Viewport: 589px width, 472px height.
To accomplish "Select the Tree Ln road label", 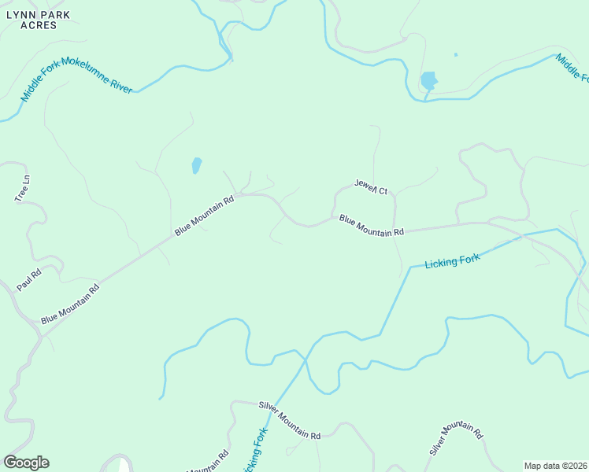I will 22,188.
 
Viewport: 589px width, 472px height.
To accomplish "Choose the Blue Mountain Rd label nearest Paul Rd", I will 71,304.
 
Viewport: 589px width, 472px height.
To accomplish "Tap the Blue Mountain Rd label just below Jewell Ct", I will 371,226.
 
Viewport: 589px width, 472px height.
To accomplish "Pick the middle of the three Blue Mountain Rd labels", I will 205,215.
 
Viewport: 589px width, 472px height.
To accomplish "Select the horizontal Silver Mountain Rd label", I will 290,419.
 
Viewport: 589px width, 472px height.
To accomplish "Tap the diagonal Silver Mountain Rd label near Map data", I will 455,438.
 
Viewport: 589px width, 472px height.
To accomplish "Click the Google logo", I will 26,463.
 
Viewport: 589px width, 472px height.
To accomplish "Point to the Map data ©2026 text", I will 556,466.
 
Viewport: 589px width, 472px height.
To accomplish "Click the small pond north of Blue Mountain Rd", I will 196,165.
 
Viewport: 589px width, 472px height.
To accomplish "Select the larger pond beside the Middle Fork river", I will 428,80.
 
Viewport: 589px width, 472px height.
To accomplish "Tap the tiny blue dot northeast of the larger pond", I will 456,55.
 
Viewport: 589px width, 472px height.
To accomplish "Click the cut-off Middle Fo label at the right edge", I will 572,68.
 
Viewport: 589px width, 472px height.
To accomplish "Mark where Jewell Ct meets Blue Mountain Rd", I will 334,217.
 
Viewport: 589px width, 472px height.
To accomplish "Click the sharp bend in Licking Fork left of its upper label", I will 409,268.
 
